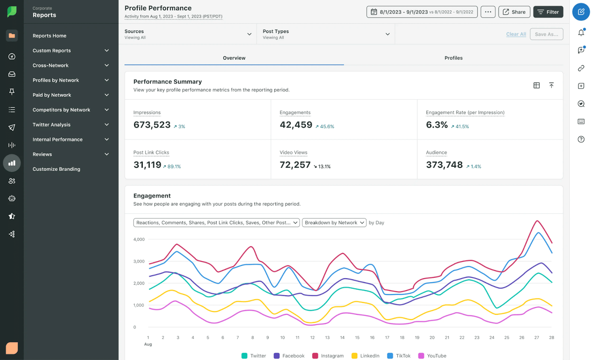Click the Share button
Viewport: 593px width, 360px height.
(514, 12)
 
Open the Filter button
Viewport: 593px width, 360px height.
(548, 12)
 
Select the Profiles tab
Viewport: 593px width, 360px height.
(453, 58)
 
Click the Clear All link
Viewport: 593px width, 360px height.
(516, 34)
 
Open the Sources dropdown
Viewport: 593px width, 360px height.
(188, 34)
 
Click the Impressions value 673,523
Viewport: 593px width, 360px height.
(152, 125)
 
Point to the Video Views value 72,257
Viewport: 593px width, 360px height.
(295, 165)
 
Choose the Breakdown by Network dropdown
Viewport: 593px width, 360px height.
(334, 223)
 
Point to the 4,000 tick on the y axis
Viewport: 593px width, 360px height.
(139, 239)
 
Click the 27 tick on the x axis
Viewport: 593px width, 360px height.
(536, 337)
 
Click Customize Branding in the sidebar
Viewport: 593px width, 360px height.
(56, 169)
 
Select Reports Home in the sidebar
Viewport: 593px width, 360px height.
(49, 36)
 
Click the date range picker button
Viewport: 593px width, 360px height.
(422, 12)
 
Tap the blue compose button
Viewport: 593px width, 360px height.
(581, 12)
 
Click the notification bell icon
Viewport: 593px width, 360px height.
(581, 33)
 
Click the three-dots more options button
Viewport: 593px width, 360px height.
(488, 12)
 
